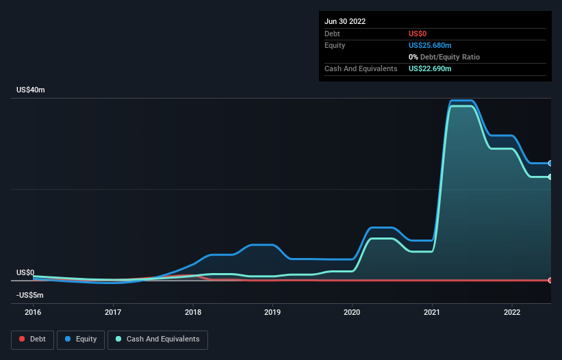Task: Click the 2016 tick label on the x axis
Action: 33,312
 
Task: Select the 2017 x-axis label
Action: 113,312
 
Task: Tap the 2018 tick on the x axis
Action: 193,312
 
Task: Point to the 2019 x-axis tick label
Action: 272,312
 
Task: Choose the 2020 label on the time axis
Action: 353,312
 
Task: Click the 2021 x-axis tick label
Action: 432,312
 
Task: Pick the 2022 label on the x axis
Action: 512,312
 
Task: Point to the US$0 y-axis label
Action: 25,272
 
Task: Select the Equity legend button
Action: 81,339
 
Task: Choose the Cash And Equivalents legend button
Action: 157,339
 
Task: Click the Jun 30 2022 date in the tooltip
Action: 345,21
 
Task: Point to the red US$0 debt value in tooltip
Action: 419,34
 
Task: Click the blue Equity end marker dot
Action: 550,164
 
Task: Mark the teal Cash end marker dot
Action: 550,177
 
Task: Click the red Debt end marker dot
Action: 550,281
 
